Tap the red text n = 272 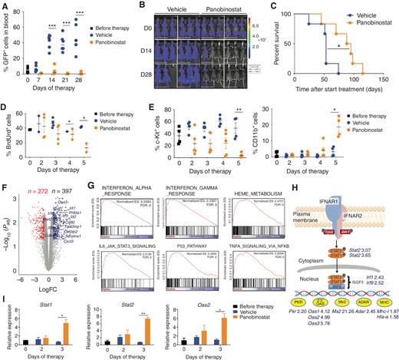point(38,188)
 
